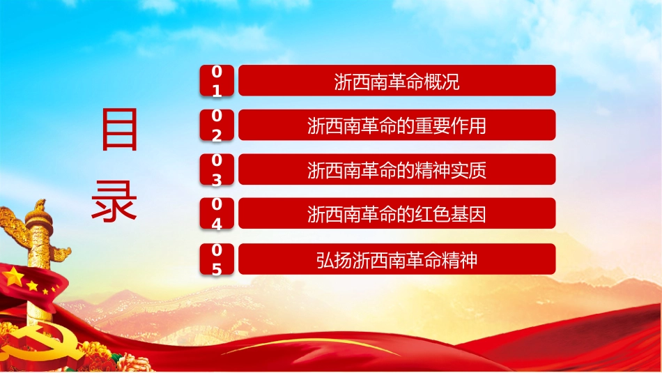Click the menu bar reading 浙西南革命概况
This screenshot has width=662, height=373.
(397, 81)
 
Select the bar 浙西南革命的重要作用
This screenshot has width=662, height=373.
(397, 125)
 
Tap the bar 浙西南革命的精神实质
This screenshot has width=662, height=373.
(397, 169)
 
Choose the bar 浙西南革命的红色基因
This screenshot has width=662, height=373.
(397, 213)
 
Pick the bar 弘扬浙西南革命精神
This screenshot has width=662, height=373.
(397, 259)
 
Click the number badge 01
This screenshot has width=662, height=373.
(217, 81)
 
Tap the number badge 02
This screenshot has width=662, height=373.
(217, 125)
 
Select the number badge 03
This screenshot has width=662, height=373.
(217, 169)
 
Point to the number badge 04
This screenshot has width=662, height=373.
(217, 213)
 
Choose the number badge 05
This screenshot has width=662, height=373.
(217, 259)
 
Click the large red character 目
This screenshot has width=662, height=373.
(119, 130)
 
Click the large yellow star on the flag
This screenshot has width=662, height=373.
(13, 277)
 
